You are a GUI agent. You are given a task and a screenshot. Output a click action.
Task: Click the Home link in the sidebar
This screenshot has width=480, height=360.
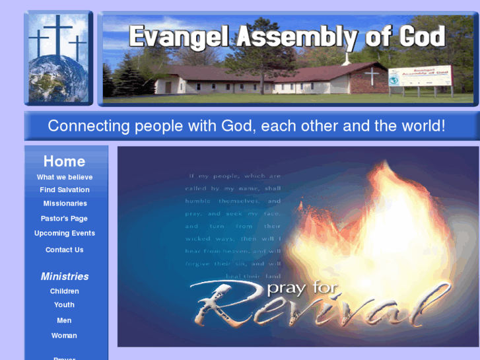[x=64, y=161]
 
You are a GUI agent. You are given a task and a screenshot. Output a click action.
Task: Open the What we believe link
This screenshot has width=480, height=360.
[x=65, y=177]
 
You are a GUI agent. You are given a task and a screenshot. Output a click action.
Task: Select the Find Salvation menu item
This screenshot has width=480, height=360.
[x=65, y=190]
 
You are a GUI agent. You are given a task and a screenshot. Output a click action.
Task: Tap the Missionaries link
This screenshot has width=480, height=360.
[x=65, y=203]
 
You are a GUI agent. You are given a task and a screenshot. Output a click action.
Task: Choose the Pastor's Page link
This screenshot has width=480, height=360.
[x=64, y=219]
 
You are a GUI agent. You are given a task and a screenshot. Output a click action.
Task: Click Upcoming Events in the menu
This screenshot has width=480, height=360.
[x=65, y=233]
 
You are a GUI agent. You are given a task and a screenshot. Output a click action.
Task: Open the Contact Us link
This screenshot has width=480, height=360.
[x=65, y=250]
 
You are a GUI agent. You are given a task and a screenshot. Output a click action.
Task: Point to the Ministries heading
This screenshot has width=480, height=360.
[x=65, y=276]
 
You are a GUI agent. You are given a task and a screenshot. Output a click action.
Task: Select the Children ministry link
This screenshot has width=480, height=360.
[x=65, y=291]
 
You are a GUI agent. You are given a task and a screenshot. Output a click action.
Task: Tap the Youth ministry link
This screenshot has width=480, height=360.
[x=64, y=305]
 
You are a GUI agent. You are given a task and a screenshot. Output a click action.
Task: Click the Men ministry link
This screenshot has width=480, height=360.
[x=64, y=320]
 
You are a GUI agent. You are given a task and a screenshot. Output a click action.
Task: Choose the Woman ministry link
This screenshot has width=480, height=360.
[x=64, y=336]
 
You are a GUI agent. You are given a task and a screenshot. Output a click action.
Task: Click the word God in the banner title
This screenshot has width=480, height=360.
[x=422, y=37]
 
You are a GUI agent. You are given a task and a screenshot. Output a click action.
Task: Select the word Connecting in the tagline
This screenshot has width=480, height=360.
[x=88, y=126]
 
